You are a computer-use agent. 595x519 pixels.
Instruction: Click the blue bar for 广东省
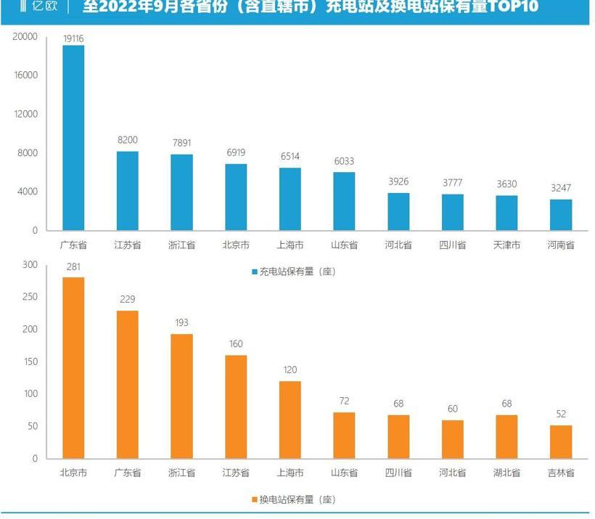[73, 138]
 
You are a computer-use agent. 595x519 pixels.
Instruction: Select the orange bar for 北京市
[73, 367]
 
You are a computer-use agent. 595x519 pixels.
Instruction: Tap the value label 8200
[128, 140]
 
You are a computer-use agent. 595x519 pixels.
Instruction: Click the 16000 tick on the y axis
[25, 75]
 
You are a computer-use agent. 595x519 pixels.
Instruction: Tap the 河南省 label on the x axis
[561, 245]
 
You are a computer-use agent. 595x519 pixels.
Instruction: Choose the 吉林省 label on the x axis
[561, 473]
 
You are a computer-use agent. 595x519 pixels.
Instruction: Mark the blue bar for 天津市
[506, 213]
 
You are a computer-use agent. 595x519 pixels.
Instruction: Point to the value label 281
[73, 266]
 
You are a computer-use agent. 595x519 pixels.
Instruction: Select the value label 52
[561, 414]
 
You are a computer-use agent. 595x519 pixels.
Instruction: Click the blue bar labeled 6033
[344, 201]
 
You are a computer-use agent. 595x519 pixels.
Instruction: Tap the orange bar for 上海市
[290, 420]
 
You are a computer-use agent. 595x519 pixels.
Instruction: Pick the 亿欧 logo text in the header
[44, 7]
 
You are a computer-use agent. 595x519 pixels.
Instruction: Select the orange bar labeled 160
[236, 406]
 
